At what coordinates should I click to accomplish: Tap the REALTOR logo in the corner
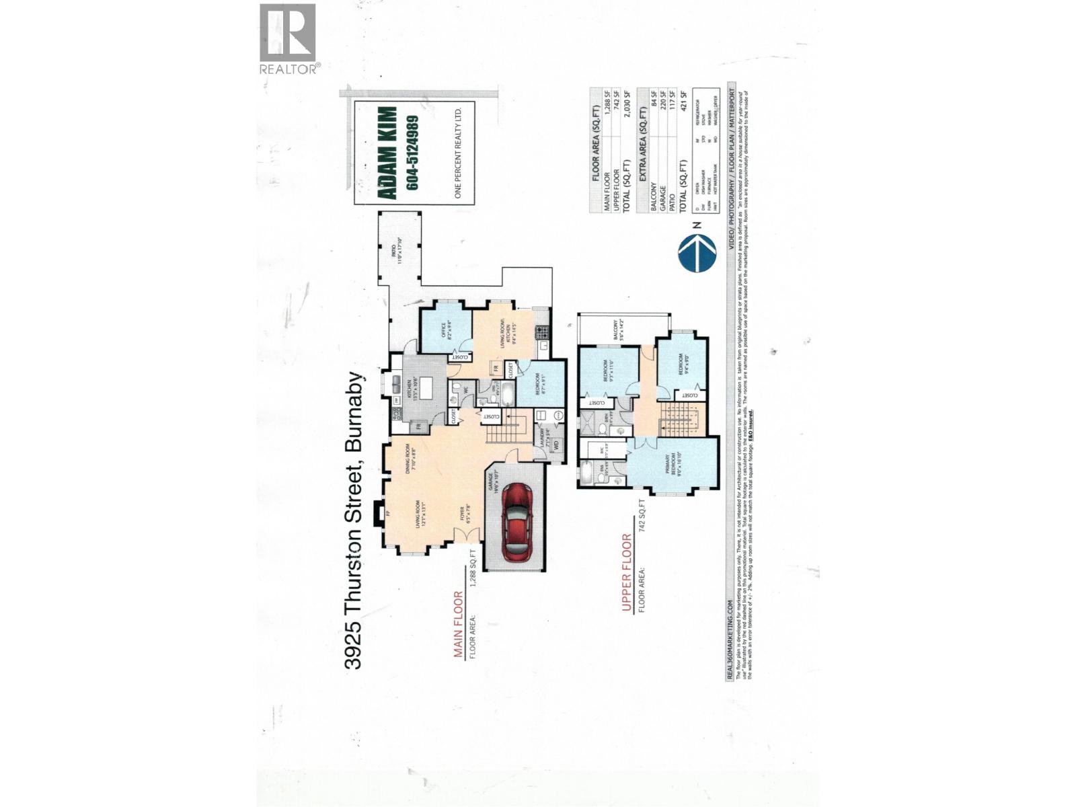point(287,39)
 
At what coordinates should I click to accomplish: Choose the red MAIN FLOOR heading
point(458,624)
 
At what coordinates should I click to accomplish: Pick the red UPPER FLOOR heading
point(626,573)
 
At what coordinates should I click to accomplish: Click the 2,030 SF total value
point(627,108)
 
